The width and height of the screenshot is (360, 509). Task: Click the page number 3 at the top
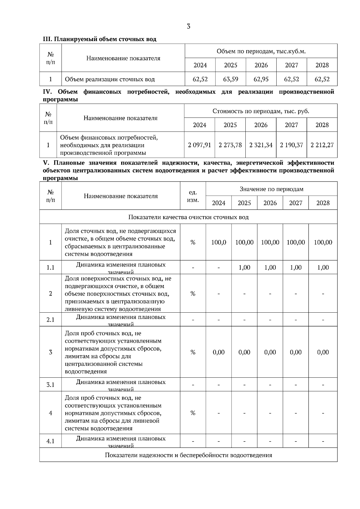pos(188,26)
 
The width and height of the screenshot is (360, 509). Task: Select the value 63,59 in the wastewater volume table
pos(230,79)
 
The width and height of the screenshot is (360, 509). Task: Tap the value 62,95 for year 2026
pos(261,79)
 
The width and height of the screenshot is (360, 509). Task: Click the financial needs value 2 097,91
pos(199,145)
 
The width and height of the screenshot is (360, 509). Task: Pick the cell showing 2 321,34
pos(261,145)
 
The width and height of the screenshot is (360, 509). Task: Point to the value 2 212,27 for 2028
pos(322,145)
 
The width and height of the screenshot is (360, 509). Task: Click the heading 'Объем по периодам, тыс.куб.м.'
pos(261,51)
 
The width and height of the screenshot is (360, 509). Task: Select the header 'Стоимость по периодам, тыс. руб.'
pos(261,111)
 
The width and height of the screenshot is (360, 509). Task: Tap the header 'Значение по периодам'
pos(271,189)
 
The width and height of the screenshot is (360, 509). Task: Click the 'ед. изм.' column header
pos(193,196)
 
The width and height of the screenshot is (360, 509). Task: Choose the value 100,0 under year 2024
pos(218,242)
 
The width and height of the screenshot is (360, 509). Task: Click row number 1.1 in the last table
pos(50,267)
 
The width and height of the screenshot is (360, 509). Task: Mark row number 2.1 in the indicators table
pos(50,320)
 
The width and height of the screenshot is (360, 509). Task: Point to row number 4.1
pos(50,441)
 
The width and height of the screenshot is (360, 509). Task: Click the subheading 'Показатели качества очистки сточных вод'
pos(188,217)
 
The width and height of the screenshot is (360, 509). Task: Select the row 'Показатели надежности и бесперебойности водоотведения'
pos(188,455)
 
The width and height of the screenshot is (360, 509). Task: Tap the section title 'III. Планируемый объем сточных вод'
pos(100,39)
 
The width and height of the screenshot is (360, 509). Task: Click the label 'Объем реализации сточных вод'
pos(110,79)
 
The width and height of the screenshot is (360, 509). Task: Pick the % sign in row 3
pos(193,352)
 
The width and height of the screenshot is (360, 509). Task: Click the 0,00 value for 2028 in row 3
pos(323,352)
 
